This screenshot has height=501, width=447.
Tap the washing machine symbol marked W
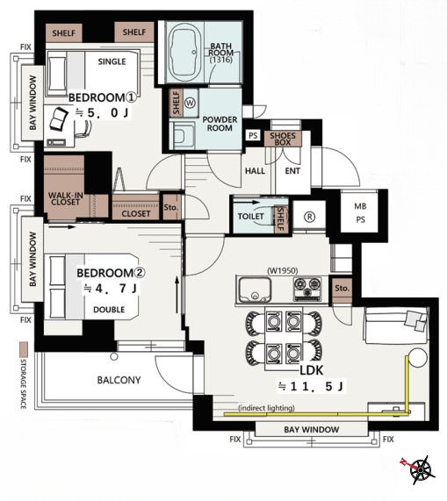pos(190,103)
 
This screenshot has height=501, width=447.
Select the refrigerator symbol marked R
pos(309,218)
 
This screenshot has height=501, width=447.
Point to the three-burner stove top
pos(307,289)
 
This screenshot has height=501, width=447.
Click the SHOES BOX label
pos(283,139)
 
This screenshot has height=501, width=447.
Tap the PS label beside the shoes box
pos(253,135)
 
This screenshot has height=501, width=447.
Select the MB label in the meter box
pos(360,206)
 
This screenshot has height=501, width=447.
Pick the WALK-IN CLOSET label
pos(65,198)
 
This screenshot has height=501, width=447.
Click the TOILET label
pos(250,217)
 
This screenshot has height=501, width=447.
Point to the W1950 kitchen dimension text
pos(282,270)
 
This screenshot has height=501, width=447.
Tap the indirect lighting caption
pos(266,408)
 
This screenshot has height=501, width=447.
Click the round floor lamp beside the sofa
pos(416,358)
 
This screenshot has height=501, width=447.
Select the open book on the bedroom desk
pos(59,118)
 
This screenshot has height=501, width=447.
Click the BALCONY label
pos(119,380)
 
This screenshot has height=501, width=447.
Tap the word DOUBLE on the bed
pos(109,310)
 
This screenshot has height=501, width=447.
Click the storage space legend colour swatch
pos(24,350)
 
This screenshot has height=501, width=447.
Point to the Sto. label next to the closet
pos(170,207)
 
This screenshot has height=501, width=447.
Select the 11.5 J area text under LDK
pos(311,387)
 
